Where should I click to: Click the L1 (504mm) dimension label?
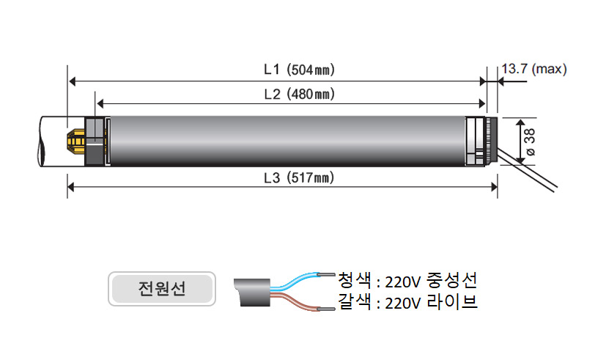point(300,70)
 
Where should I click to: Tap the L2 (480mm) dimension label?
point(300,94)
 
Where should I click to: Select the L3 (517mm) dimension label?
point(300,177)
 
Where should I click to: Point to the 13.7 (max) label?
point(534,69)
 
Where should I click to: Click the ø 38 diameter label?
point(529,142)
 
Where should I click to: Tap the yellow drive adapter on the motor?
point(76,142)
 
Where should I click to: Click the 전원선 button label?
point(162,289)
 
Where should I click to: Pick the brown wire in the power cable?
point(300,301)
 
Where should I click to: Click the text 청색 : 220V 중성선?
point(407,280)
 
